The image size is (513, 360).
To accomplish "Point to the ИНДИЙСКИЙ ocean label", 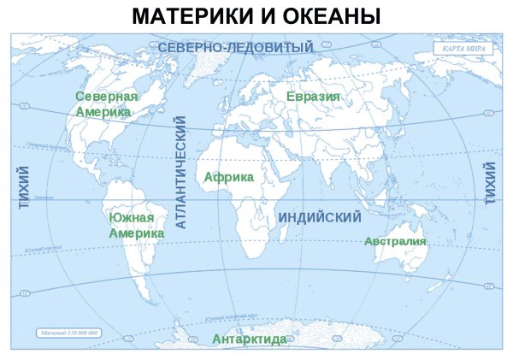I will pos(320,218).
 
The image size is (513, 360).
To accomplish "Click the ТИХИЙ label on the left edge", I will pos(24,188).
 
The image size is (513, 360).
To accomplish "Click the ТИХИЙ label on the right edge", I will pos(491,183).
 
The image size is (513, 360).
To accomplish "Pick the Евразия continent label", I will pos(313,96).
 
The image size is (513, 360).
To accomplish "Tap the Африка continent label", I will pos(229,176).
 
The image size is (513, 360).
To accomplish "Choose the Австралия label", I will pos(395,241).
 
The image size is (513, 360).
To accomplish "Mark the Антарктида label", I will pos(250,339).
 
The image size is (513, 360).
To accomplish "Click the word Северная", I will pos(106,96).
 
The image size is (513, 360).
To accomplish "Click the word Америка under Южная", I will pos(137,233).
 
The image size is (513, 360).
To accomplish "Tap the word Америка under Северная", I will pos(103,111).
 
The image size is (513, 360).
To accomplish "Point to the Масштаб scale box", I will pos(69,332).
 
